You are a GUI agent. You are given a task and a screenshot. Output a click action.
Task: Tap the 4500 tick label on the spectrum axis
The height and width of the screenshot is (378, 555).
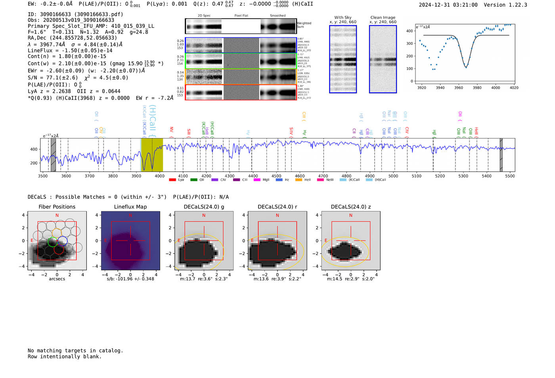click(276, 176)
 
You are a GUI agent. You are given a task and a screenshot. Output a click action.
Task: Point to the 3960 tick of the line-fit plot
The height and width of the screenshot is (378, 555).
click(459, 88)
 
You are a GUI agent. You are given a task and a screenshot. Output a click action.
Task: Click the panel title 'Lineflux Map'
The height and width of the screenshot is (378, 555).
click(130, 207)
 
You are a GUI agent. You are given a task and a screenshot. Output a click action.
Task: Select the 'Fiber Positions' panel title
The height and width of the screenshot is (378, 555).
click(57, 207)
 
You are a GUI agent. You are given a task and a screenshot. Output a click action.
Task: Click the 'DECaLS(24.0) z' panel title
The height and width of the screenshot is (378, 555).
click(350, 207)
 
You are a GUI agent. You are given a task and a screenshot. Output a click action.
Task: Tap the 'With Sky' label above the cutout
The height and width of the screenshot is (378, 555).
click(343, 17)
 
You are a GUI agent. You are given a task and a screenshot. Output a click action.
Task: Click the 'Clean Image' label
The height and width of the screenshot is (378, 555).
click(383, 17)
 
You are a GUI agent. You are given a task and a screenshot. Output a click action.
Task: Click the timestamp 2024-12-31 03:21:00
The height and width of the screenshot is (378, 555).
click(448, 5)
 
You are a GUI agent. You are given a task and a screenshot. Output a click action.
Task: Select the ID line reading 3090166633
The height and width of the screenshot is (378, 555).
click(75, 14)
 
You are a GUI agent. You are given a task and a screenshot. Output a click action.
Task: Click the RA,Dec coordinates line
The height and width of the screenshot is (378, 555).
click(72, 38)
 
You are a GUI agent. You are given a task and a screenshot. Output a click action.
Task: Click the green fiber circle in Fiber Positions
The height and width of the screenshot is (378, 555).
click(52, 242)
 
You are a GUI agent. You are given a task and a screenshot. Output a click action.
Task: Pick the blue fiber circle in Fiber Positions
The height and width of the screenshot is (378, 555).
click(62, 240)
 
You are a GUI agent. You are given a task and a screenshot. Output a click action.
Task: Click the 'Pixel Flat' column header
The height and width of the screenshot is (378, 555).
click(241, 15)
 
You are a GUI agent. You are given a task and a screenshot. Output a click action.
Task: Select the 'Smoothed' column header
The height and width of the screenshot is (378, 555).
click(277, 15)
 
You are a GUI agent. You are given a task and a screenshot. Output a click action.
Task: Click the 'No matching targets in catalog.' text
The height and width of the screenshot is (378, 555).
click(75, 350)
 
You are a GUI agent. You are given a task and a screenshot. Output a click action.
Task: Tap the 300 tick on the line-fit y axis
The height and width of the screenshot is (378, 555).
click(410, 44)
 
